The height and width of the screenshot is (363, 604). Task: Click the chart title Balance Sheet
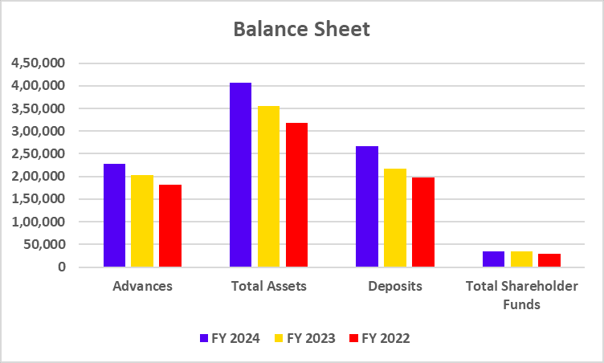(x=301, y=30)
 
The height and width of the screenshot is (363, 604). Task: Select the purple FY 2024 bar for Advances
(x=115, y=215)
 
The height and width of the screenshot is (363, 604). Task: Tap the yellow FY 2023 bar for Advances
(x=142, y=221)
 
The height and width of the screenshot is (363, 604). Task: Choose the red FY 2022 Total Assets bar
(x=296, y=195)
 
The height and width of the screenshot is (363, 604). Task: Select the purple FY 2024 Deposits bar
(x=366, y=206)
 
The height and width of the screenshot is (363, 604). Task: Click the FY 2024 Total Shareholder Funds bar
(x=493, y=259)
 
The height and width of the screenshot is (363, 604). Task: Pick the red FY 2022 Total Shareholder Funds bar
(x=549, y=260)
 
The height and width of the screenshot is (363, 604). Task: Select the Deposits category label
(x=394, y=285)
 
